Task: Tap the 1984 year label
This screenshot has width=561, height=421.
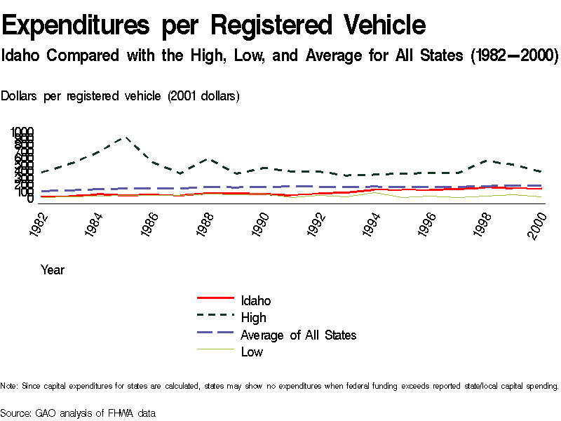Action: pyautogui.click(x=94, y=224)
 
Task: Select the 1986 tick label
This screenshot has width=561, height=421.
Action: pyautogui.click(x=149, y=224)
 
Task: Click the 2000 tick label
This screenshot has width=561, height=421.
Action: pyautogui.click(x=537, y=224)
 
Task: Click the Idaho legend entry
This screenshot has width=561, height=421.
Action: pyautogui.click(x=255, y=301)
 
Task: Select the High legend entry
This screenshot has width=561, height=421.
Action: pyautogui.click(x=253, y=318)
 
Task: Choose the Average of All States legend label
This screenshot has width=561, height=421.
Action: pyautogui.click(x=298, y=335)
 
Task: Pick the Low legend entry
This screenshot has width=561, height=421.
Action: pyautogui.click(x=252, y=352)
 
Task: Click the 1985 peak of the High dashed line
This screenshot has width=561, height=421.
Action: pyautogui.click(x=126, y=138)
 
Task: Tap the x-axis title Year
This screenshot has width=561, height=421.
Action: pyautogui.click(x=53, y=269)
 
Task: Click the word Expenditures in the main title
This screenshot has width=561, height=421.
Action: pyautogui.click(x=76, y=25)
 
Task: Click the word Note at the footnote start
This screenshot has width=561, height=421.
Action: pyautogui.click(x=9, y=386)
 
